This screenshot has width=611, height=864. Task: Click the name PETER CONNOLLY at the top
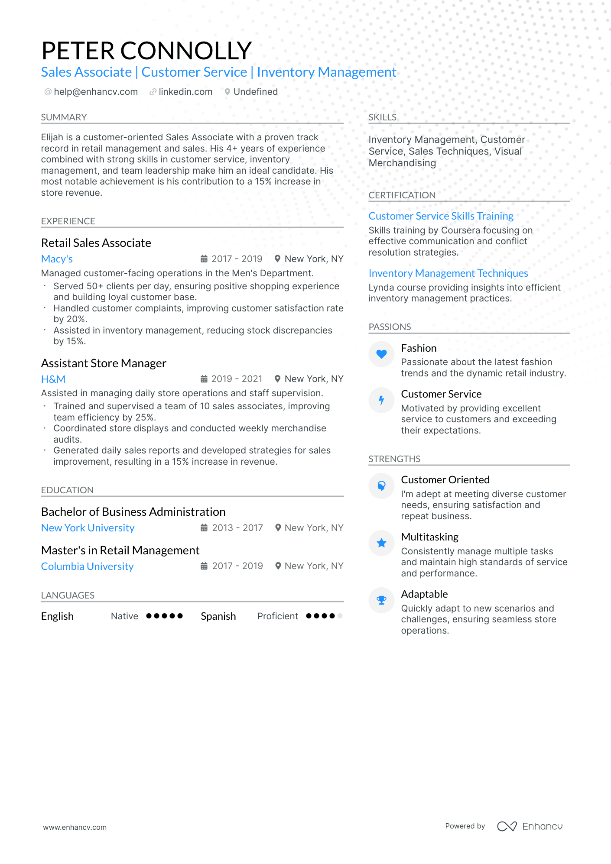point(146,51)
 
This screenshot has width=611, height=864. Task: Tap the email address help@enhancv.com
point(96,92)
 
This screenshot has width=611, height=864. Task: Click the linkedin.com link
point(185,92)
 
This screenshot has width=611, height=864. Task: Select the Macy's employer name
point(57,259)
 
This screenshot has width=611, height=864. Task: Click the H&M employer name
point(53,379)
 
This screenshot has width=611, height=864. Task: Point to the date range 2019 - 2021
point(237,379)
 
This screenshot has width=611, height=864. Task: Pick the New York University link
point(88,528)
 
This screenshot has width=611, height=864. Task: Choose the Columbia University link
point(87,566)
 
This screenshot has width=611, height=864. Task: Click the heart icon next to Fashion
point(381,354)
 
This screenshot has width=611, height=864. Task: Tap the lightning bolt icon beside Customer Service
point(381,400)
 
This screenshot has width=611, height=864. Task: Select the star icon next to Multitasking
point(381,543)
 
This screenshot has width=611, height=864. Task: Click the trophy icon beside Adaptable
point(381,600)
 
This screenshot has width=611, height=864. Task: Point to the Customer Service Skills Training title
point(441,216)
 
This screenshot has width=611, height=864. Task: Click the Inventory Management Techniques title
point(448,273)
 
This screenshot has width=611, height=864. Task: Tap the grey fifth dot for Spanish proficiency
point(340,616)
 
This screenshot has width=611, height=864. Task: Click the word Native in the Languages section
point(124,616)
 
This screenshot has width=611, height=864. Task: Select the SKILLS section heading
point(382,117)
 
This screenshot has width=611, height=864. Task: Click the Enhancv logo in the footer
point(530,826)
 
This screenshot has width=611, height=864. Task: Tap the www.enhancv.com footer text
point(75,827)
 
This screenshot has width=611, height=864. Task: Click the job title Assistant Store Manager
point(104,363)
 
